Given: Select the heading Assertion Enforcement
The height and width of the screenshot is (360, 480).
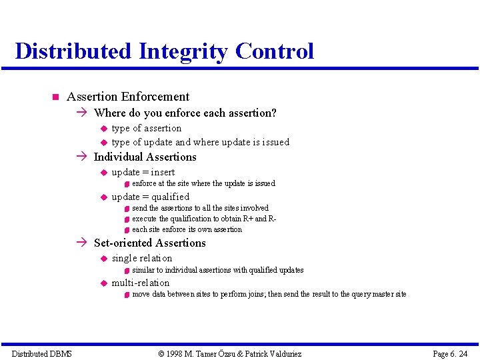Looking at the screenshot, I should tap(128, 97).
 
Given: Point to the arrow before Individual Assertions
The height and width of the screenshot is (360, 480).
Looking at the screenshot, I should tap(82, 157).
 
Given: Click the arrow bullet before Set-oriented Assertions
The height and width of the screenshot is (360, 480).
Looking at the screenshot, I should tap(82, 243).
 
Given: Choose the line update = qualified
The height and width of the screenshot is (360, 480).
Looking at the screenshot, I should tap(150, 197).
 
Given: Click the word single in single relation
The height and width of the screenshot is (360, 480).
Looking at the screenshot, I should tap(123, 259).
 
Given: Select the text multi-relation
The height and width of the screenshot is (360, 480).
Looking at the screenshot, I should tap(141, 283).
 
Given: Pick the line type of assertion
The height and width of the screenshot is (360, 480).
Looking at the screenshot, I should tap(146, 128).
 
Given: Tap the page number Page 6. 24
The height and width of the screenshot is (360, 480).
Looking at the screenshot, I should tap(450, 353).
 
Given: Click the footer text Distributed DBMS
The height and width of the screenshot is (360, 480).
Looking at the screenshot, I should tap(41, 353).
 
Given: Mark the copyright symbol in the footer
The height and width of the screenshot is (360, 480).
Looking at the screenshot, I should tap(161, 353).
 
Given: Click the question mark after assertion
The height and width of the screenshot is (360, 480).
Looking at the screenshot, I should tap(273, 113).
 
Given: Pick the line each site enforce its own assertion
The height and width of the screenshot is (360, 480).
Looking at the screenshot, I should tap(187, 229).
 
